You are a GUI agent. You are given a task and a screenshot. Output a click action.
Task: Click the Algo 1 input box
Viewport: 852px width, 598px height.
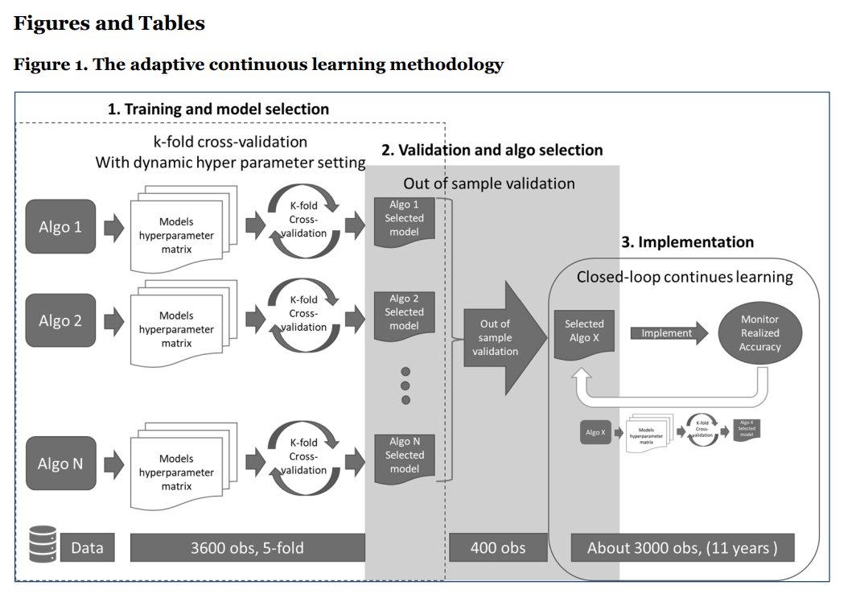pyautogui.click(x=60, y=226)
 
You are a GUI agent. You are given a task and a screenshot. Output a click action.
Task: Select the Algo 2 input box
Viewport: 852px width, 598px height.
pyautogui.click(x=60, y=320)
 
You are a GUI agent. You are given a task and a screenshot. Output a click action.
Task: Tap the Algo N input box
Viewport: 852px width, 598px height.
pyautogui.click(x=60, y=463)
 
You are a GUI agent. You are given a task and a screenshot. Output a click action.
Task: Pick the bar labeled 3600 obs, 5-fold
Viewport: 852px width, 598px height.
pyautogui.click(x=247, y=548)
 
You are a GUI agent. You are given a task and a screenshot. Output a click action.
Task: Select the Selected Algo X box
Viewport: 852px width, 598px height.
pyautogui.click(x=585, y=332)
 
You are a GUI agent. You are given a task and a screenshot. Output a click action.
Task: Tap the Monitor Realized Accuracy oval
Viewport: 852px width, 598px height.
pyautogui.click(x=759, y=332)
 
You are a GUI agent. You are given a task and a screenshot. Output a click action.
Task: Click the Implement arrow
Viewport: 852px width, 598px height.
pyautogui.click(x=668, y=332)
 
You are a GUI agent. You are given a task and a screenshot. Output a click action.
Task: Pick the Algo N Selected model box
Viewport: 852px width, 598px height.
pyautogui.click(x=405, y=456)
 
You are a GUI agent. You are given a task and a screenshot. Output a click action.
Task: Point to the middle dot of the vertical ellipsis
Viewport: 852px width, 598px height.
pyautogui.click(x=405, y=386)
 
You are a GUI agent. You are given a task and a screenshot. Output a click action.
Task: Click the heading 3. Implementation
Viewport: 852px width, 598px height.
pyautogui.click(x=687, y=242)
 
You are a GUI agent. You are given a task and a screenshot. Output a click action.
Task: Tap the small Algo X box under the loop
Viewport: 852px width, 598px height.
pyautogui.click(x=595, y=432)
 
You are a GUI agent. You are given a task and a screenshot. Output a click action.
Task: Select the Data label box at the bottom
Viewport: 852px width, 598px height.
pyautogui.click(x=87, y=548)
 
